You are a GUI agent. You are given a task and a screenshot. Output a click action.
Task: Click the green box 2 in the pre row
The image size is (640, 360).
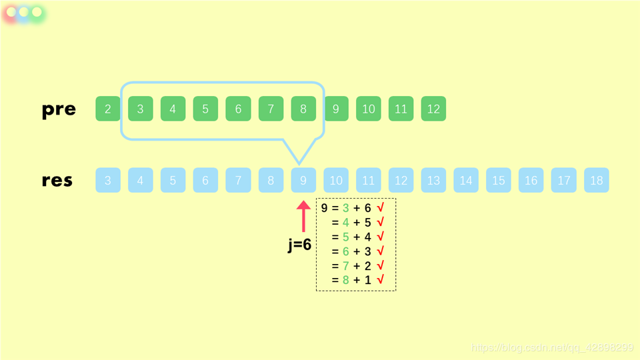click(x=108, y=109)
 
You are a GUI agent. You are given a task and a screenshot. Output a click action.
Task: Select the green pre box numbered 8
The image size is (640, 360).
click(x=303, y=109)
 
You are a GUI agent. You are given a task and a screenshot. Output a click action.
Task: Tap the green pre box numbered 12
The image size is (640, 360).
click(x=433, y=109)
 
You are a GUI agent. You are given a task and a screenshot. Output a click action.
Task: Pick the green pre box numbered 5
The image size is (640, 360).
click(x=205, y=109)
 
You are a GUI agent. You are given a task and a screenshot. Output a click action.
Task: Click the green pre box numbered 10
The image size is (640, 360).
click(x=369, y=109)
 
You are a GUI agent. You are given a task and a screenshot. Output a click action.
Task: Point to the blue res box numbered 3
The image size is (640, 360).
click(x=108, y=180)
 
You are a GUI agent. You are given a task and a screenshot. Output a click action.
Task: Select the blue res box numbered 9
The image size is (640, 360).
click(x=303, y=180)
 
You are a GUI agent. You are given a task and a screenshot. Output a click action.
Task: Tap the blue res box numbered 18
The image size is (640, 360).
click(x=597, y=180)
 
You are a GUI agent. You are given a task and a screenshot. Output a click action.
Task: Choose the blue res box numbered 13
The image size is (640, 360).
click(x=433, y=180)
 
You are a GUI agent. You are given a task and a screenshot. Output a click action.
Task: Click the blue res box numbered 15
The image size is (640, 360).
click(x=499, y=180)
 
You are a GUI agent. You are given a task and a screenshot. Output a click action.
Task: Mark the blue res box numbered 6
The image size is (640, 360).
click(x=205, y=180)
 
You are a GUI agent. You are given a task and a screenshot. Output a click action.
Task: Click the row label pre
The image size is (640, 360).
click(x=59, y=109)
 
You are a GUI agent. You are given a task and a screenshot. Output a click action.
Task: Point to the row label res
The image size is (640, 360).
click(x=57, y=181)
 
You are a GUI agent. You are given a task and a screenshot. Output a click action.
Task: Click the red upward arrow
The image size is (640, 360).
click(x=303, y=216)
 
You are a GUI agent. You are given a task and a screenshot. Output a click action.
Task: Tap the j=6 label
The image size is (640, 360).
click(x=300, y=245)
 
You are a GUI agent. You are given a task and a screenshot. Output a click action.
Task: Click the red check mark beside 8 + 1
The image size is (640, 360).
click(x=380, y=280)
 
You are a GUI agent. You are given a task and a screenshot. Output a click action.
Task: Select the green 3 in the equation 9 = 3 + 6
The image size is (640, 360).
click(x=345, y=209)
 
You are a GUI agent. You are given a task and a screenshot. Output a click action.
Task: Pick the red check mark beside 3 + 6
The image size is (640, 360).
click(x=380, y=208)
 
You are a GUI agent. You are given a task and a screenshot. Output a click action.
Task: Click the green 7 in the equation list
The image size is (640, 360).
click(x=345, y=266)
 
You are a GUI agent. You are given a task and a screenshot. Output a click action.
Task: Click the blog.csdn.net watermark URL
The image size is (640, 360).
click(x=553, y=348)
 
